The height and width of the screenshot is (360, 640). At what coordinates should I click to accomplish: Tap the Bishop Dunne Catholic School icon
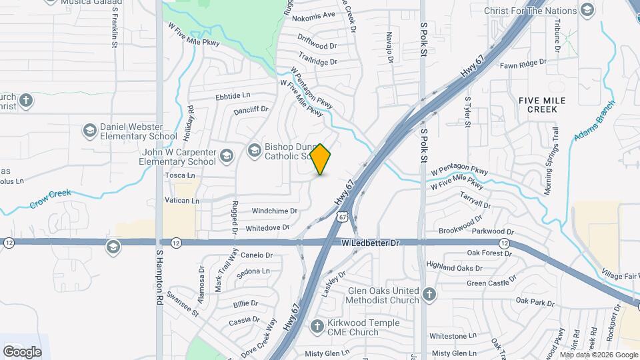pyautogui.click(x=254, y=151)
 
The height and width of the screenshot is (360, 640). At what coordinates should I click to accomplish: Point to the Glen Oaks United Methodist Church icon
pyautogui.click(x=430, y=295)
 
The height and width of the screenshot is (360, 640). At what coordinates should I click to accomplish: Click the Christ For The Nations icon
pyautogui.click(x=587, y=10)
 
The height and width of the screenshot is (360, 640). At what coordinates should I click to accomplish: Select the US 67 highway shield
pyautogui.click(x=342, y=217)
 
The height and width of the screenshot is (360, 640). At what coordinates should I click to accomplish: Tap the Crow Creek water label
pyautogui.click(x=50, y=198)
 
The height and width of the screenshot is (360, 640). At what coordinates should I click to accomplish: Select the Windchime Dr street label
pyautogui.click(x=274, y=211)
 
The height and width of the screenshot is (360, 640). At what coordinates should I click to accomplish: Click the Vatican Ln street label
pyautogui.click(x=181, y=200)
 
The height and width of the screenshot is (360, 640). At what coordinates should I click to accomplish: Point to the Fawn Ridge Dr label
pyautogui.click(x=523, y=63)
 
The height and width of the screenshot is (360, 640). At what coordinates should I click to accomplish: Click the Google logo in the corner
pyautogui.click(x=22, y=351)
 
